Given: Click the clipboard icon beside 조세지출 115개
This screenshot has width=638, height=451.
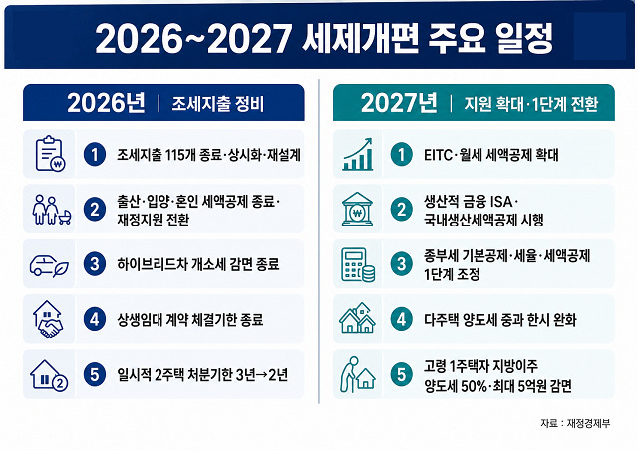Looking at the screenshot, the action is click(x=50, y=154).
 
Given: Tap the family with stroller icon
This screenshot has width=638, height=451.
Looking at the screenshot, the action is click(x=52, y=209).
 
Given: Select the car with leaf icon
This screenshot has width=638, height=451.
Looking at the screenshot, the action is click(x=49, y=266).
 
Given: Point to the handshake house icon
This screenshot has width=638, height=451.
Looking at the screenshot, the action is click(x=48, y=319).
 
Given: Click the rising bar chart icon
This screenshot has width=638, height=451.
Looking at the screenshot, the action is click(x=357, y=154).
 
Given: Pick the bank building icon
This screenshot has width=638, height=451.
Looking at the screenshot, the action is click(x=357, y=209).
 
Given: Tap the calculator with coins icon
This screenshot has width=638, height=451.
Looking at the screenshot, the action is click(x=358, y=264).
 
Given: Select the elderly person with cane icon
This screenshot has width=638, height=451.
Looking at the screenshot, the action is click(x=357, y=374).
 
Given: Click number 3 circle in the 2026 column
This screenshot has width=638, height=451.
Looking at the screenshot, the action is click(x=95, y=264).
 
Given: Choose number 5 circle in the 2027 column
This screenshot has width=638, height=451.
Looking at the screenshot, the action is click(x=401, y=374).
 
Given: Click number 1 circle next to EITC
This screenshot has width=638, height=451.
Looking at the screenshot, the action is click(x=401, y=154).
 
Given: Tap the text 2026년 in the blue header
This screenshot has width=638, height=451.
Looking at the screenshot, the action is click(x=106, y=103).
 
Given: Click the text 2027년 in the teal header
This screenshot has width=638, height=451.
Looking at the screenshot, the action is click(x=399, y=103).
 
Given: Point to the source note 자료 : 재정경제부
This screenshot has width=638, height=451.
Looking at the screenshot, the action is click(x=575, y=423).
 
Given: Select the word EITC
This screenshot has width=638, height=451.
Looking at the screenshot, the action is click(x=438, y=155).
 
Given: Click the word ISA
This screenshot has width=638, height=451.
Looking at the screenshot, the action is click(x=501, y=202).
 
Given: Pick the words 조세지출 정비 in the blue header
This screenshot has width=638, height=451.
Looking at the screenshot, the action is click(x=217, y=104).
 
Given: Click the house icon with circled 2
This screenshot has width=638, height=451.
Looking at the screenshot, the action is click(x=49, y=375).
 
